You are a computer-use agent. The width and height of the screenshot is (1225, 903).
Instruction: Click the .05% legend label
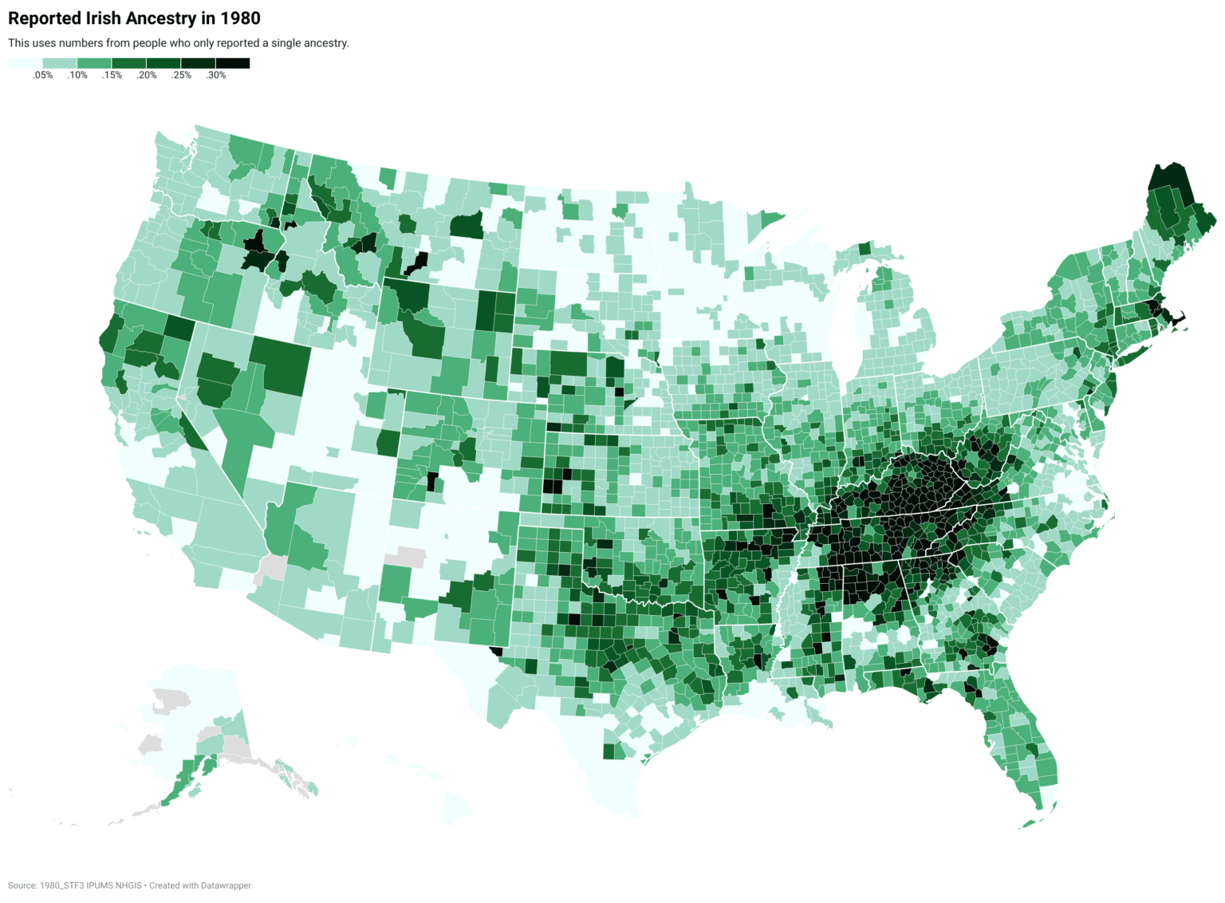point(42,76)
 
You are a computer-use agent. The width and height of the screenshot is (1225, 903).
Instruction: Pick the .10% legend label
point(77,76)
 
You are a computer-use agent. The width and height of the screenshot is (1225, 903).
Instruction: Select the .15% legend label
point(112,76)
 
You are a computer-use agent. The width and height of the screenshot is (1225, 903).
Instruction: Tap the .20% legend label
point(147,76)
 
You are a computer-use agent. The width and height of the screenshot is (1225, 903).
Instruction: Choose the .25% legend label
point(181,76)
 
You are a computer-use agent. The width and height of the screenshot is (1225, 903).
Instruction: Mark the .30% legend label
point(216,76)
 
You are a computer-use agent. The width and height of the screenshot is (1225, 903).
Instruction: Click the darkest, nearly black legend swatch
point(232,63)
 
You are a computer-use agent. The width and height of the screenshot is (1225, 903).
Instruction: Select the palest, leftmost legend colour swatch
point(25,63)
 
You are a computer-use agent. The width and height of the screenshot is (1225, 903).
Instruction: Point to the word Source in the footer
point(22,885)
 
